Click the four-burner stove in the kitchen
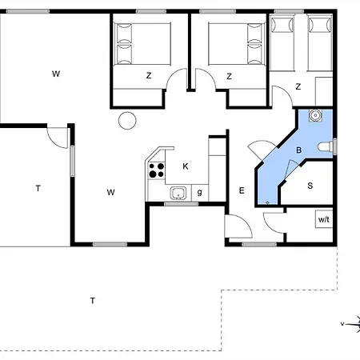pyautogui.click(x=156, y=170)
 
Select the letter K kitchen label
pyautogui.click(x=186, y=166)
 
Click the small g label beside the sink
pyautogui.click(x=200, y=192)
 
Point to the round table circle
pyautogui.click(x=127, y=121)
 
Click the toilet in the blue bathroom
pyautogui.click(x=326, y=146)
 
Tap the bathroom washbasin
pyautogui.click(x=315, y=115)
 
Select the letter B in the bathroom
pyautogui.click(x=299, y=150)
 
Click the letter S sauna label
pyautogui.click(x=310, y=186)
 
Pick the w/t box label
pyautogui.click(x=324, y=219)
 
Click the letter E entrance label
pyautogui.click(x=242, y=190)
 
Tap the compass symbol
pyautogui.click(x=351, y=324)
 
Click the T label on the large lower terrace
pyautogui.click(x=93, y=301)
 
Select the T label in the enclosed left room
pyautogui.click(x=38, y=189)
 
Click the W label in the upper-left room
pyautogui.click(x=56, y=74)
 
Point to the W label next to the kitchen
pyautogui.click(x=110, y=192)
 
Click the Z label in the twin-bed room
pyautogui.click(x=298, y=86)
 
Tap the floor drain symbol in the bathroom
pyautogui.click(x=267, y=203)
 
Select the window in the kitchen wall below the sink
pyautogui.click(x=182, y=204)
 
